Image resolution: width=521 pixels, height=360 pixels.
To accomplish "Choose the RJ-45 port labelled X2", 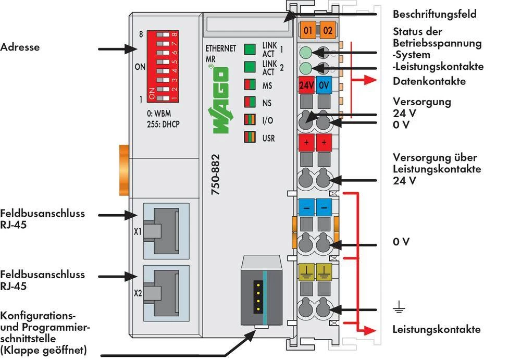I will click(163, 290).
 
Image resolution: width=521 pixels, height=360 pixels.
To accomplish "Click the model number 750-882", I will click(216, 175).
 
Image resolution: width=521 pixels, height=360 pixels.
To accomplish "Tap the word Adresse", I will click(20, 47).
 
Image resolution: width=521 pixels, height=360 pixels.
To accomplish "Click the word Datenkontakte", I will click(429, 81).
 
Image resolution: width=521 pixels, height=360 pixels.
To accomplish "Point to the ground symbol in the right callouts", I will click(399, 309).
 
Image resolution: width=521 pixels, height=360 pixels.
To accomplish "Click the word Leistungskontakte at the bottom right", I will click(437, 329).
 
